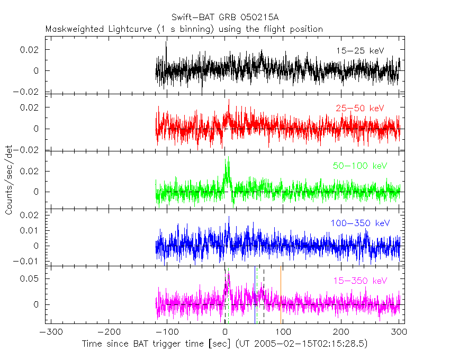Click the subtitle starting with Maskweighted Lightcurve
184,29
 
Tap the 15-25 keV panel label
359,51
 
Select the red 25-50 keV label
359,108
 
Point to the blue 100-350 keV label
361,223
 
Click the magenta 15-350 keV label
361,281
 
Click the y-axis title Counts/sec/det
9,180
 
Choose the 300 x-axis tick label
399,332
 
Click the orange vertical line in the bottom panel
281,296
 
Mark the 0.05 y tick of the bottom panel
32,278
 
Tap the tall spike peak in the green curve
228,158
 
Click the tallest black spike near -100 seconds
167,43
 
